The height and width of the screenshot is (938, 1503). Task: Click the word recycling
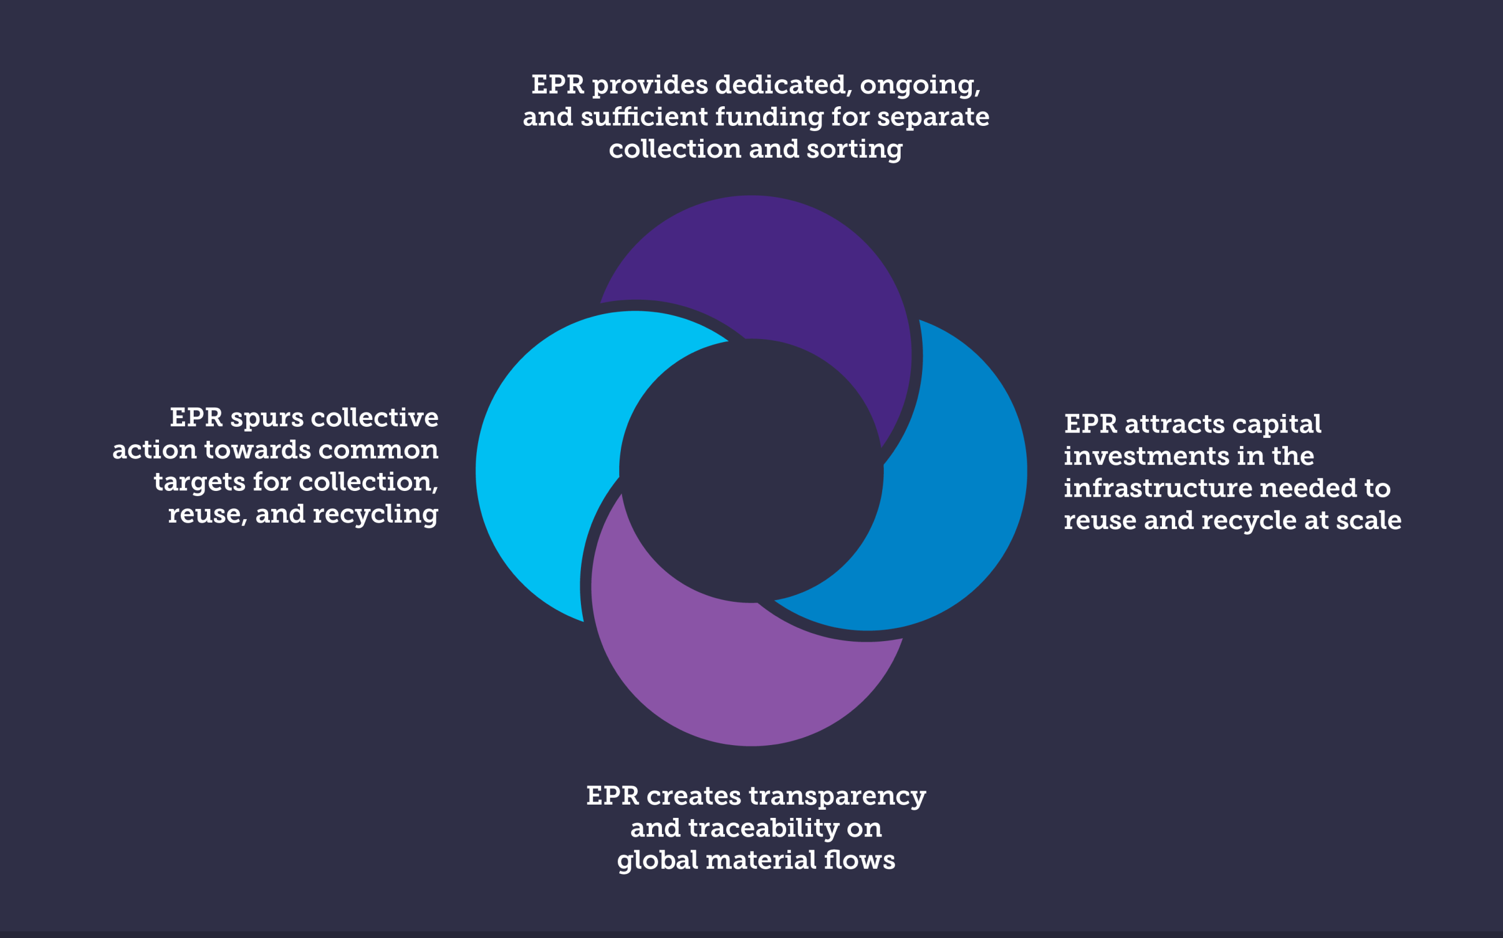click(x=376, y=515)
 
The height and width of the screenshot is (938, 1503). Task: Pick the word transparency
click(x=838, y=796)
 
